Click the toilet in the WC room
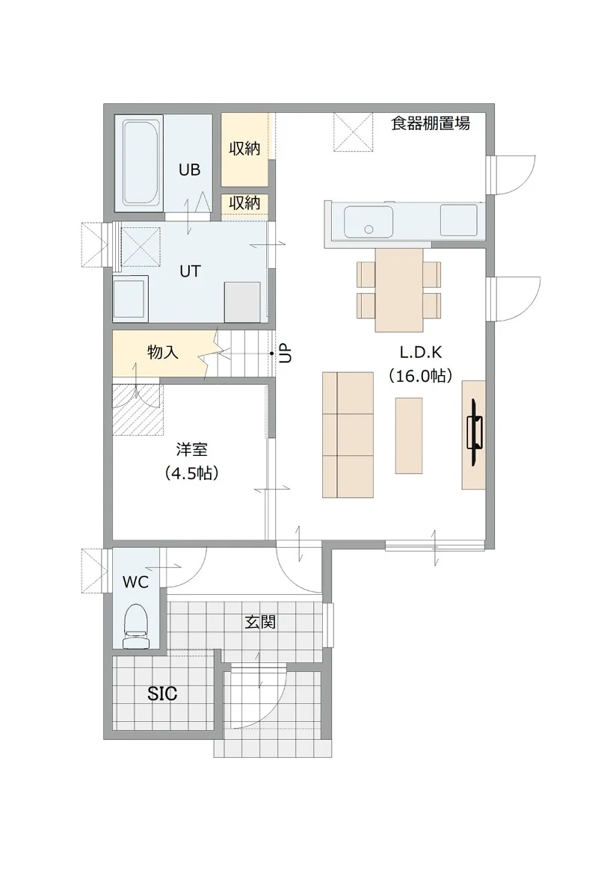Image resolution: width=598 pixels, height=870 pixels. [x=136, y=626]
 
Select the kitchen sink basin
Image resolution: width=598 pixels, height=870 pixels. [x=369, y=222]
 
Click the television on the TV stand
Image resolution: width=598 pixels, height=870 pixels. [x=475, y=432]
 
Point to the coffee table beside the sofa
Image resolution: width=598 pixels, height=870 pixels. [x=409, y=436]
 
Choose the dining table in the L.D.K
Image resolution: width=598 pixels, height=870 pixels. [x=399, y=290]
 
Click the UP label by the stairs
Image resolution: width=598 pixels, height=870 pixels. [x=285, y=353]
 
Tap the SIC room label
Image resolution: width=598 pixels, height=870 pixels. [x=162, y=693]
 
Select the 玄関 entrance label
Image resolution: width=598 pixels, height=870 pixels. [x=260, y=622]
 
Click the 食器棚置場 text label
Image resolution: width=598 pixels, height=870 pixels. [x=431, y=123]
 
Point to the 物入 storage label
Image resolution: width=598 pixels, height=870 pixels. [x=162, y=352]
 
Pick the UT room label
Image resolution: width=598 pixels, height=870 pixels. [x=190, y=271]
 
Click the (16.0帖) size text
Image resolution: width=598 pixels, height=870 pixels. [x=421, y=376]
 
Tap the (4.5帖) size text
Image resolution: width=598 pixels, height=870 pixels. [x=191, y=472]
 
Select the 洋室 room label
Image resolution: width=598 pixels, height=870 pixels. [x=191, y=448]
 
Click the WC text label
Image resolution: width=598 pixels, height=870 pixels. [x=135, y=582]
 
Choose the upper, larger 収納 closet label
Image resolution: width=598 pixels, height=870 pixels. [x=244, y=148]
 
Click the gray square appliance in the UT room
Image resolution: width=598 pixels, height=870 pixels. [x=242, y=302]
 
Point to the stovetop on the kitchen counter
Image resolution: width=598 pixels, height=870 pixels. [x=459, y=220]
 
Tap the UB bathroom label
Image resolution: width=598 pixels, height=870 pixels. [x=189, y=170]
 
